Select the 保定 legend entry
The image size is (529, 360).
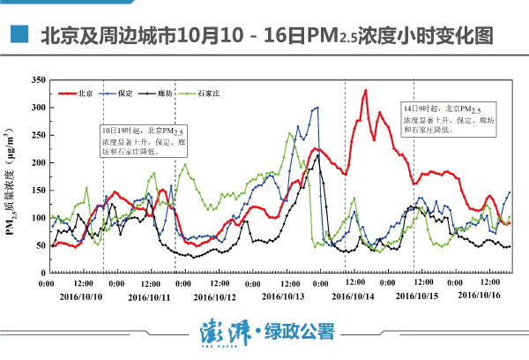pyautogui.click(x=124, y=92)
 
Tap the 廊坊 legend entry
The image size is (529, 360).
pyautogui.click(x=163, y=92)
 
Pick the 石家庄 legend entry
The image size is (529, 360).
pyautogui.click(x=206, y=92)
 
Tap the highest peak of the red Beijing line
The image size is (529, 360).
pyautogui.click(x=365, y=90)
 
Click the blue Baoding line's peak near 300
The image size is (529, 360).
pyautogui.click(x=317, y=108)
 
